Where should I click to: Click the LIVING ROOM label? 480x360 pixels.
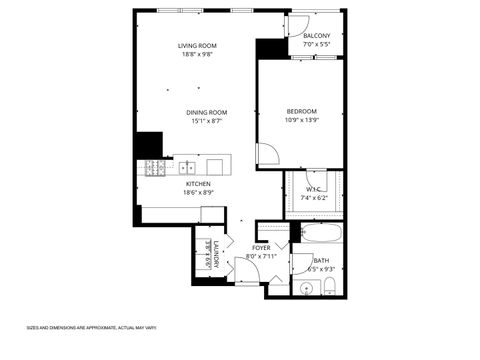click(x=197, y=45)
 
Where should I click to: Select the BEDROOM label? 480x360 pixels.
click(x=301, y=111)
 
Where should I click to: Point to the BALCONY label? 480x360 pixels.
click(x=317, y=36)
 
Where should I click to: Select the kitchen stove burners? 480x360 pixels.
click(x=155, y=167)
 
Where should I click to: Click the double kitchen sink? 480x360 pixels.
click(x=186, y=167)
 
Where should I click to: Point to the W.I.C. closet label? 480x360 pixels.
click(x=313, y=188)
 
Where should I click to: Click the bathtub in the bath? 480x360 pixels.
click(x=320, y=236)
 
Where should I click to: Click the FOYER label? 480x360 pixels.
click(x=261, y=247)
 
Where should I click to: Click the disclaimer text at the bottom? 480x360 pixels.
click(x=91, y=327)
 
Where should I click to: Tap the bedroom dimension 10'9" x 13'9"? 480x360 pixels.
click(x=301, y=121)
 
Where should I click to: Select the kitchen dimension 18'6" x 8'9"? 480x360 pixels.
click(x=199, y=193)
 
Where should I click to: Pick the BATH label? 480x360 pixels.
click(x=321, y=260)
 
